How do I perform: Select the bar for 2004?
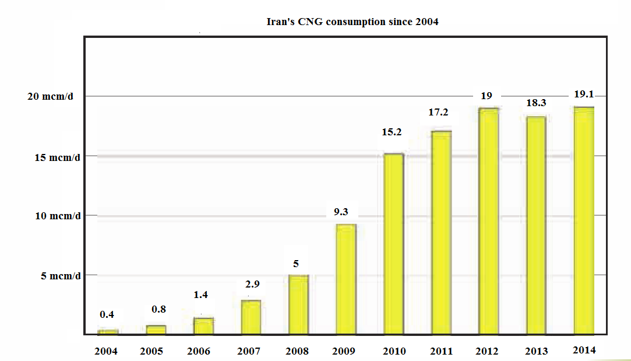pyautogui.click(x=108, y=332)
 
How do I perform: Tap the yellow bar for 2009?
pyautogui.click(x=346, y=279)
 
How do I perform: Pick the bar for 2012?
pyautogui.click(x=489, y=221)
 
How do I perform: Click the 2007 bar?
pyautogui.click(x=251, y=317)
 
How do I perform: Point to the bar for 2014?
pyautogui.click(x=584, y=220)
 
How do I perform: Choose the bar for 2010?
pyautogui.click(x=394, y=244)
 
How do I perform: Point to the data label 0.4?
pyautogui.click(x=107, y=314)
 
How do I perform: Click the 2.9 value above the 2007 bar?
pyautogui.click(x=252, y=284)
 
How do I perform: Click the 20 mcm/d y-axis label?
pyautogui.click(x=54, y=96)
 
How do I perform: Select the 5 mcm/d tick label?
pyautogui.click(x=61, y=275)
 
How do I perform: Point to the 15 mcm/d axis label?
pyautogui.click(x=54, y=156)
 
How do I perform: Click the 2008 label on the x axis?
pyautogui.click(x=297, y=352)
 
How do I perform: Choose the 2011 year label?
pyautogui.click(x=440, y=352)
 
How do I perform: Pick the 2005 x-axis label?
pyautogui.click(x=152, y=352)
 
